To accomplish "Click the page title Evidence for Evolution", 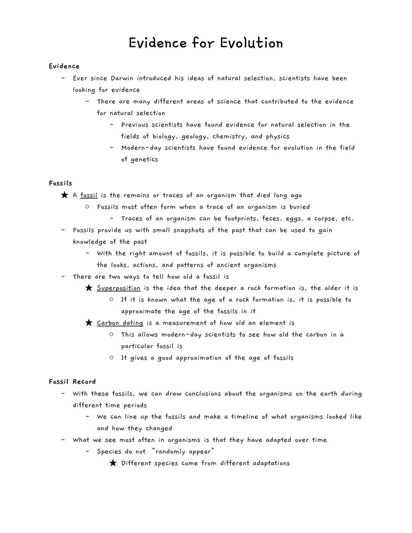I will pos(206,43).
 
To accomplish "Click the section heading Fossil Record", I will pos(72,382).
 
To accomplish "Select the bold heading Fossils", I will pos(60,183).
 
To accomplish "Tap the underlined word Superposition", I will pos(119,288).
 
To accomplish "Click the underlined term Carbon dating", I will pos(120,323).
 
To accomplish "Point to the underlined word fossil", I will pos(89,195).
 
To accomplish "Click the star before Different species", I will pos(113,463).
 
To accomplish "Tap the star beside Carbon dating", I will pos(89,323).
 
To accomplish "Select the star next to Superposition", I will pos(89,288).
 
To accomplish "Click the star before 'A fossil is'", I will pos(64,195).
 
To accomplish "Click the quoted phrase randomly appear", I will pos(183,452).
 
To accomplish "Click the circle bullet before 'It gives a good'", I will pos(111,357).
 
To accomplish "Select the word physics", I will pos(277,137).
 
